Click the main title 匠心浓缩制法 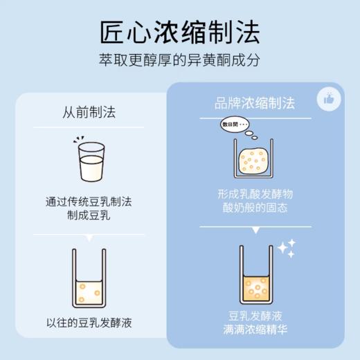click(180, 32)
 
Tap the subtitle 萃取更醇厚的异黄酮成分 click(180, 61)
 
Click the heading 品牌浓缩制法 click(254, 103)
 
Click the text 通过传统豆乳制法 click(89, 202)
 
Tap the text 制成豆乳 click(89, 215)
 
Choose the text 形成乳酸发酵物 click(254, 195)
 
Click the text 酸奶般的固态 click(254, 208)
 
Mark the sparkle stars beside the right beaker click(286, 248)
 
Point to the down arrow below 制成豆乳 click(89, 238)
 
